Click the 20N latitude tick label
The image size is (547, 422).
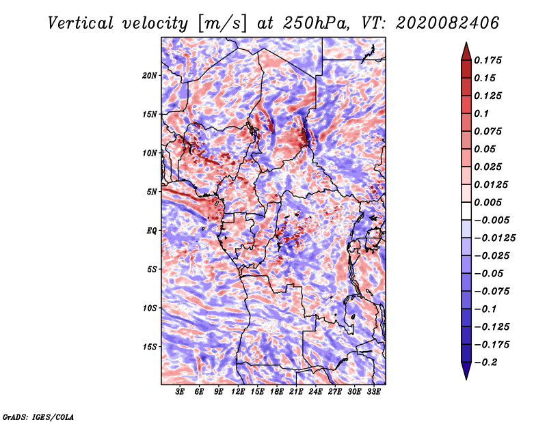[x=150, y=75]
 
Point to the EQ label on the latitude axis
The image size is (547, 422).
[x=152, y=231]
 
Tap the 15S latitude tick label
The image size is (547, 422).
[x=150, y=347]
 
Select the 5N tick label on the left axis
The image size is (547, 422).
[x=152, y=192]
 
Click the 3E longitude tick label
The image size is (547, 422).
[x=179, y=392]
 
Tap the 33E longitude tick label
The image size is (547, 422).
[x=373, y=392]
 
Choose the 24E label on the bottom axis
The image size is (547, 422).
[x=315, y=392]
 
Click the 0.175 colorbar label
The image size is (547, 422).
[x=488, y=60]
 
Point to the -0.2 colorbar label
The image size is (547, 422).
[x=485, y=363]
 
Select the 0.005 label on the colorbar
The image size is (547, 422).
[x=488, y=202]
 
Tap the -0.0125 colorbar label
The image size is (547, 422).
[x=494, y=238]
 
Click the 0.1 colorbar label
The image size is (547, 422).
[x=481, y=113]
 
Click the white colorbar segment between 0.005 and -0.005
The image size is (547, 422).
[x=466, y=211]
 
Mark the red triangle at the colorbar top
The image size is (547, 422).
[x=466, y=52]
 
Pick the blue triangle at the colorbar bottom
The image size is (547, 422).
[x=466, y=371]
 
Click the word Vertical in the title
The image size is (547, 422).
[x=81, y=23]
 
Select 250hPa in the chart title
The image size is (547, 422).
[x=315, y=23]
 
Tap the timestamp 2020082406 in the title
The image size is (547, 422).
[x=448, y=23]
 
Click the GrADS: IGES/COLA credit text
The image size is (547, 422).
[x=38, y=417]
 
